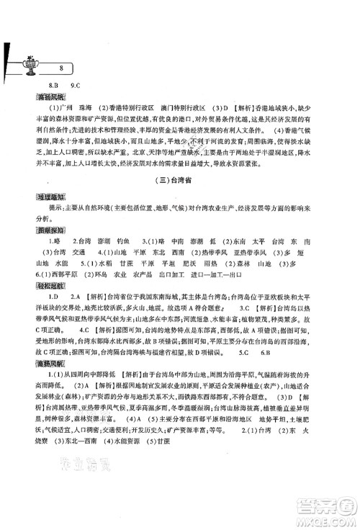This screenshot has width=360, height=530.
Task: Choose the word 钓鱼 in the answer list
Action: point(126,242)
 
